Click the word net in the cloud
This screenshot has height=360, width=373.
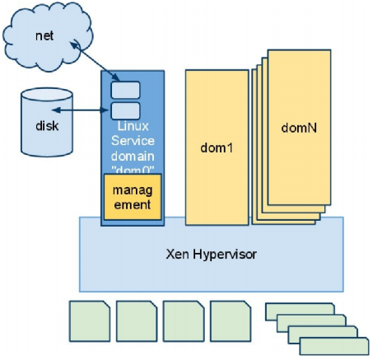click(x=44, y=36)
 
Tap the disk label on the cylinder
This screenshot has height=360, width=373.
click(x=47, y=126)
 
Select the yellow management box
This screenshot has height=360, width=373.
click(x=133, y=197)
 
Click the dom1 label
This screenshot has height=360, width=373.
click(x=217, y=147)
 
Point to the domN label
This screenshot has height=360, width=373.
click(x=299, y=128)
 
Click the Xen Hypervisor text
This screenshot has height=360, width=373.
click(x=212, y=254)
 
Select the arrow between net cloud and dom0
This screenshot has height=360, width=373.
click(x=95, y=61)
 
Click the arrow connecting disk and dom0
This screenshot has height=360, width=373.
click(x=81, y=110)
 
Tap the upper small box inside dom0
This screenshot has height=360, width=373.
click(x=125, y=90)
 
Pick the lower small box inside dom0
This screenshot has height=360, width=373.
click(x=125, y=111)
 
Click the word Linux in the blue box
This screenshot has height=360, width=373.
click(x=133, y=126)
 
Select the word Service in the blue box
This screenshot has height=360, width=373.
click(x=133, y=141)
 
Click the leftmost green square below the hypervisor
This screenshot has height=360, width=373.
click(x=90, y=321)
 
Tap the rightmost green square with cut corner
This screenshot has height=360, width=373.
click(x=231, y=321)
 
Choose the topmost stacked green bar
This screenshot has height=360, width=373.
click(x=300, y=312)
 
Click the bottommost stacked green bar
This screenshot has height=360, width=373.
click(x=334, y=346)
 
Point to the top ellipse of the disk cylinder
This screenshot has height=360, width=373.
click(x=47, y=95)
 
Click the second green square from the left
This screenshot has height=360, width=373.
click(x=137, y=321)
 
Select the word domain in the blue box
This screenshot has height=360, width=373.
click(x=133, y=156)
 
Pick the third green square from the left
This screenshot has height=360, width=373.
click(x=184, y=321)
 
